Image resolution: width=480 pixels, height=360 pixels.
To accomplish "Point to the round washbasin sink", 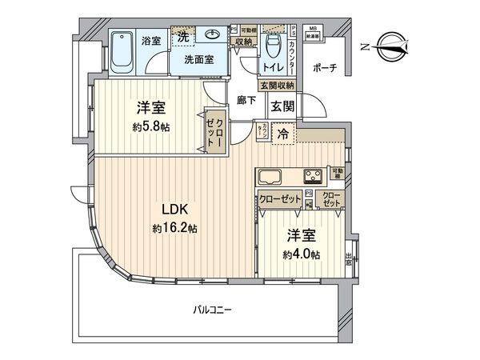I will [x=212, y=36].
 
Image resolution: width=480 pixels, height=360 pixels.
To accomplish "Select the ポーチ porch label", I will [x=326, y=68].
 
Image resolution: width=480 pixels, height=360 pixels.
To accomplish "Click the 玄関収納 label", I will [x=276, y=85].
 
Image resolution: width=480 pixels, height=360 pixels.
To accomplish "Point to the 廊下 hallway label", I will [x=246, y=102].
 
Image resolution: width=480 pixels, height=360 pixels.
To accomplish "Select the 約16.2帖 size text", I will [x=174, y=228].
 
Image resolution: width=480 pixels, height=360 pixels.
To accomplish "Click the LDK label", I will [x=174, y=210].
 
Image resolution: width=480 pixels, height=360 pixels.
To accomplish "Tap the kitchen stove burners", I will [x=313, y=176].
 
